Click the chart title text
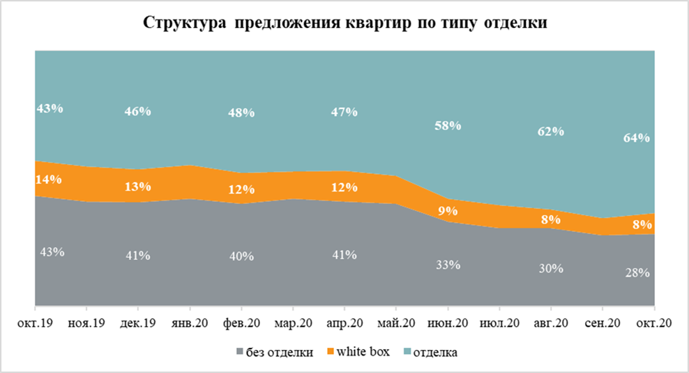click(344, 23)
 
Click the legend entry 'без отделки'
click(278, 352)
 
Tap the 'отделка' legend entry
click(435, 352)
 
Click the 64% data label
click(638, 138)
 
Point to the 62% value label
click(550, 131)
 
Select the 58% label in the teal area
click(448, 126)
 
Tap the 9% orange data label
click(448, 211)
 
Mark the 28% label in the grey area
click(638, 272)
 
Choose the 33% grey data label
click(448, 265)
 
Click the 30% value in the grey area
click(550, 267)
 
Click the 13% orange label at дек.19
click(138, 186)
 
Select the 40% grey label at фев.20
click(241, 255)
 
